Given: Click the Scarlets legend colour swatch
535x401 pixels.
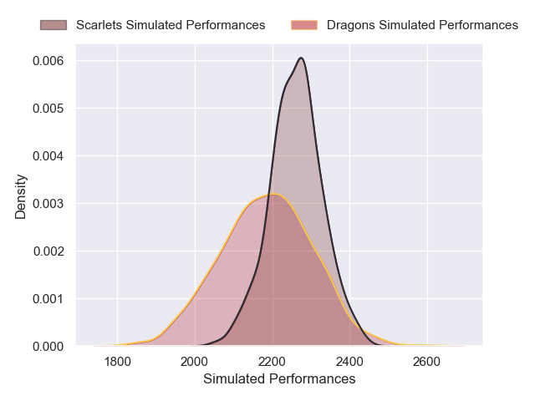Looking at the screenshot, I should point(54,25).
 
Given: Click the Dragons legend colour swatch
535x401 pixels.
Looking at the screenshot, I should point(305,25).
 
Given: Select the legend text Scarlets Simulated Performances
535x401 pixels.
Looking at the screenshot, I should point(171,25).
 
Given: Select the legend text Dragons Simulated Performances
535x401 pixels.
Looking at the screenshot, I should point(422,25).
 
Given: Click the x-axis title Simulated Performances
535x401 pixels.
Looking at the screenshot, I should point(279,379).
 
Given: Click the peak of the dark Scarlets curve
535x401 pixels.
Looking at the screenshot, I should point(301,58).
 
